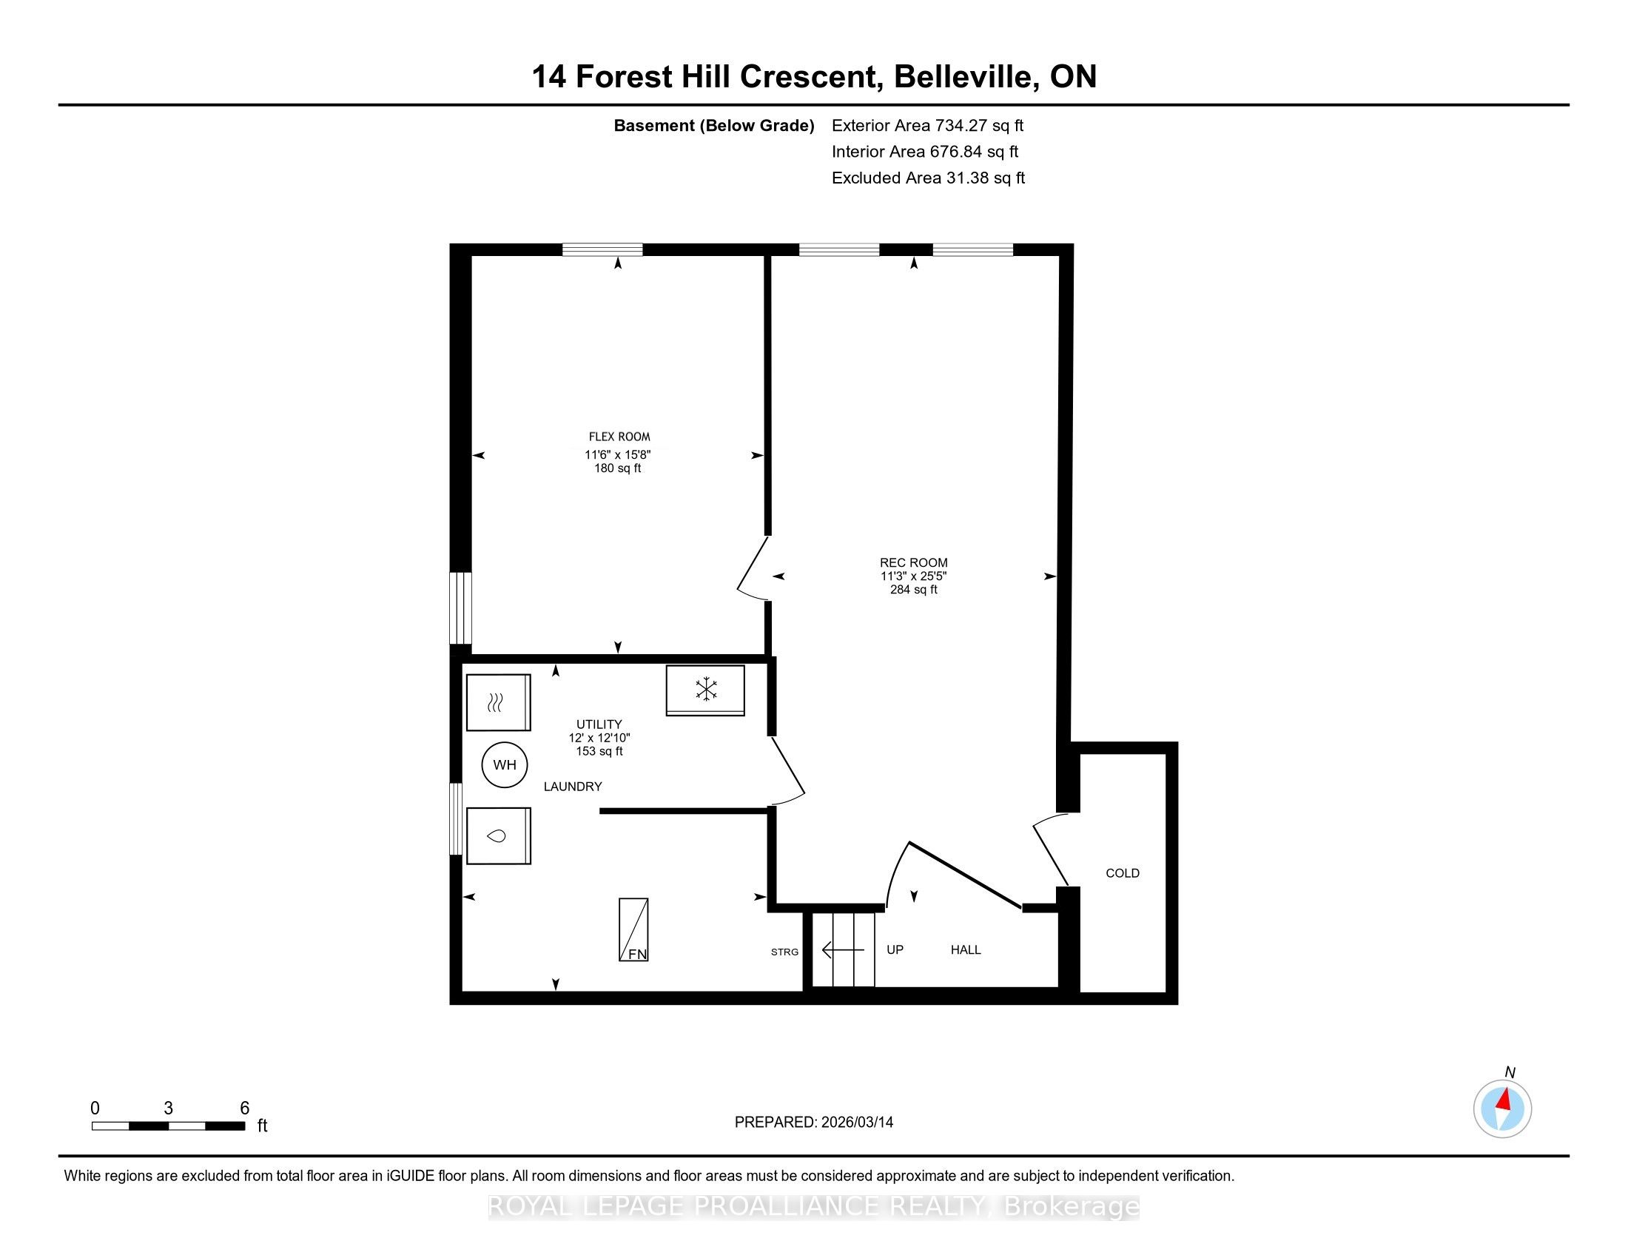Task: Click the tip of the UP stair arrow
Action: tap(822, 949)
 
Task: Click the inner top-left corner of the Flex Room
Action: tap(472, 256)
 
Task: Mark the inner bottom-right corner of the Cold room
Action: tap(1165, 992)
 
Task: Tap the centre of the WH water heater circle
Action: tap(505, 764)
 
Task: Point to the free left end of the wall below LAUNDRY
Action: tap(601, 811)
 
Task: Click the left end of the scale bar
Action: tap(92, 1126)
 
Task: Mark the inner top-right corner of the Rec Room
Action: tap(1059, 256)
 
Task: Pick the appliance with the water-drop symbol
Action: tap(498, 835)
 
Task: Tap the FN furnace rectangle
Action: tap(633, 929)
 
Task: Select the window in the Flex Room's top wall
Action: tap(602, 249)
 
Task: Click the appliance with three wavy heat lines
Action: tap(498, 702)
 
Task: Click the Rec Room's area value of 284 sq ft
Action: tap(913, 590)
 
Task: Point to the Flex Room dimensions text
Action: tap(618, 454)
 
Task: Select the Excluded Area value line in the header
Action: tap(928, 178)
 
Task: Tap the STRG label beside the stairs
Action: tap(784, 952)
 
